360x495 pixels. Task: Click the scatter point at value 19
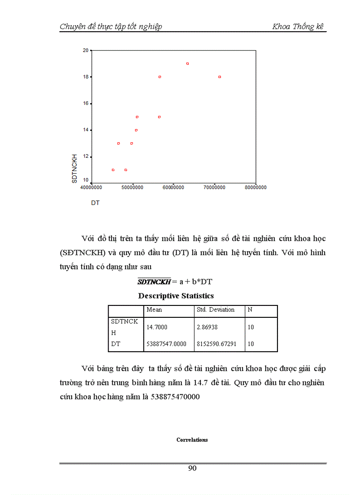click(x=187, y=63)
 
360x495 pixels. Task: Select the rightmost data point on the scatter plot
click(x=219, y=77)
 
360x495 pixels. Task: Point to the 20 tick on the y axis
click(x=85, y=50)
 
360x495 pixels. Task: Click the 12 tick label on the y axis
click(x=85, y=156)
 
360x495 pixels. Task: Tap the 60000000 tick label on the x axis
click(x=173, y=187)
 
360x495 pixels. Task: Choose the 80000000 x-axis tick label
click(x=255, y=187)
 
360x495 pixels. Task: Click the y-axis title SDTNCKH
click(x=75, y=168)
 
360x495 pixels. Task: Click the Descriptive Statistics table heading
click(x=176, y=296)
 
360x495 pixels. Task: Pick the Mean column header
click(x=154, y=310)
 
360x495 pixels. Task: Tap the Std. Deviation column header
click(x=216, y=310)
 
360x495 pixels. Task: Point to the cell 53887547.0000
click(x=167, y=344)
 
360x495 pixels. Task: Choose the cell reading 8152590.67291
click(x=217, y=344)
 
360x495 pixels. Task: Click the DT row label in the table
click(x=116, y=344)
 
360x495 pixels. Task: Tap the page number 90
click(x=192, y=468)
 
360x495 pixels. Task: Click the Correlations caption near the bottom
click(x=192, y=440)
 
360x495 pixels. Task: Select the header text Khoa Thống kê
click(x=298, y=26)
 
